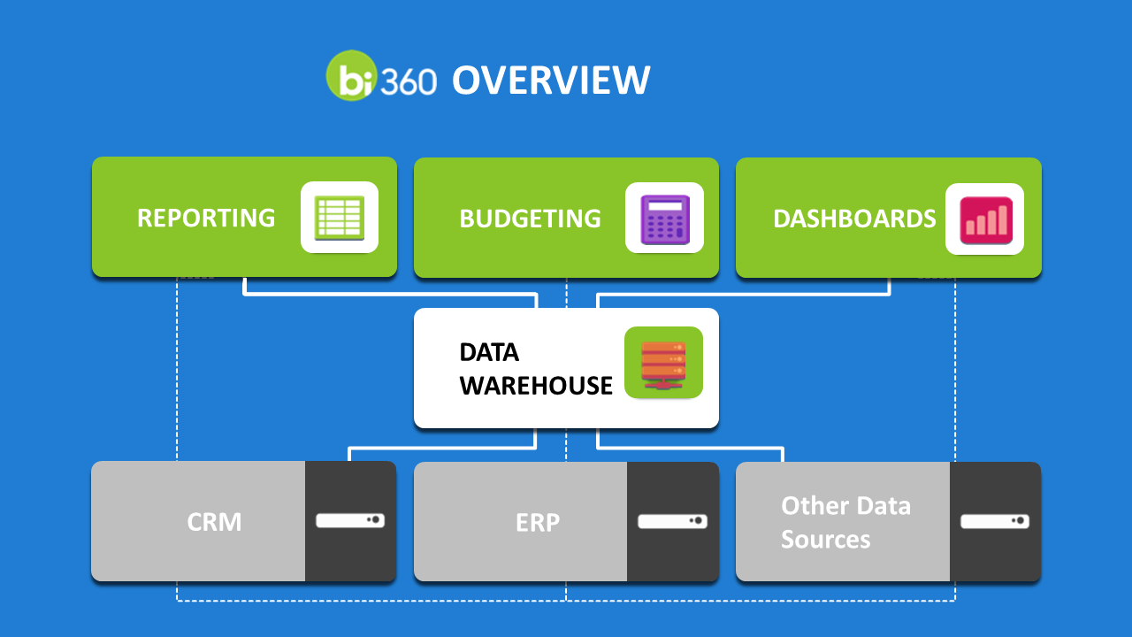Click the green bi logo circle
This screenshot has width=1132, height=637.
coord(352,75)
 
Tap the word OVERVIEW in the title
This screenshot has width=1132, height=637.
coord(551,80)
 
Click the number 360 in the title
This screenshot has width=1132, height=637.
coord(409,81)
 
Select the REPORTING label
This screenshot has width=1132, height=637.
coord(206,218)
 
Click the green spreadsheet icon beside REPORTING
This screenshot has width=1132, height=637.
coord(340,218)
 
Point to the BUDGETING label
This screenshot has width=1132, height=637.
coord(530,219)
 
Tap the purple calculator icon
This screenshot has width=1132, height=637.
coord(665,219)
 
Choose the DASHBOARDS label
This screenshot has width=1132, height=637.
coord(854,219)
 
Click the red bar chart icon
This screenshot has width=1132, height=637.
coord(986,220)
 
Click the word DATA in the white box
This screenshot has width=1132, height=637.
coord(489,352)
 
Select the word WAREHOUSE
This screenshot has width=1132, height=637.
coord(536,386)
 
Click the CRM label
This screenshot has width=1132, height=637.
coord(214,522)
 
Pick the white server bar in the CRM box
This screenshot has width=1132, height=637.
coord(350,521)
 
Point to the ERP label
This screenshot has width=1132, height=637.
coord(538,522)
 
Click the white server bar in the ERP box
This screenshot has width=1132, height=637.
coord(673,521)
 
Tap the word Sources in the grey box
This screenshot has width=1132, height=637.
coord(826,539)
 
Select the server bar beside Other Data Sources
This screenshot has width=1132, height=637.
coord(995,521)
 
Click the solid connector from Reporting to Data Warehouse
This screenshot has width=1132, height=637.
coord(390,294)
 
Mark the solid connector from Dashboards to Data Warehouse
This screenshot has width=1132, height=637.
coord(744,294)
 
